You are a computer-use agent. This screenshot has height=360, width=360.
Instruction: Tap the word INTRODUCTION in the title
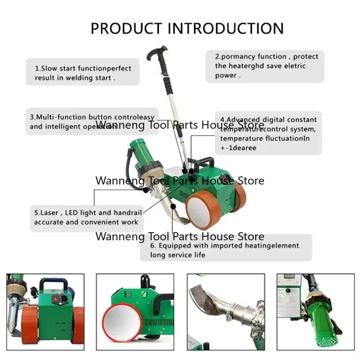tap(225, 28)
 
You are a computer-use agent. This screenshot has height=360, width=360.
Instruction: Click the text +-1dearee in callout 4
tap(238, 148)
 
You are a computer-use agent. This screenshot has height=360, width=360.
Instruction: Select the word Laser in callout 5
tap(50, 212)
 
